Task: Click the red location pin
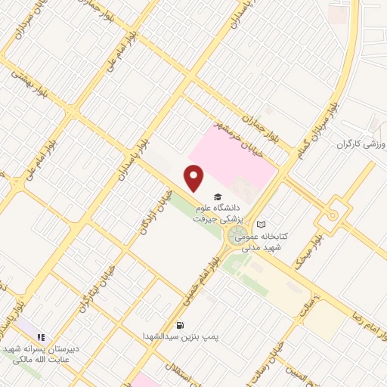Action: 195,178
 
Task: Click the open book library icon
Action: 261,224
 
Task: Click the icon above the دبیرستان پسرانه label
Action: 42,336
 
